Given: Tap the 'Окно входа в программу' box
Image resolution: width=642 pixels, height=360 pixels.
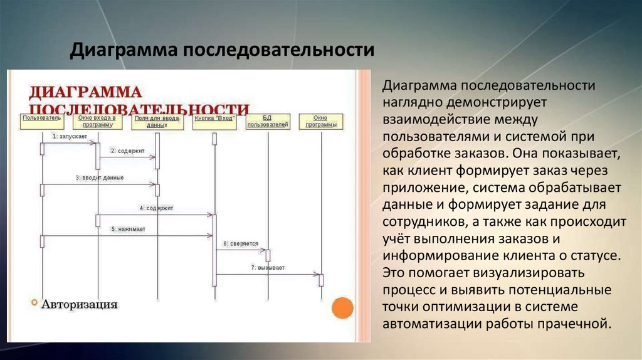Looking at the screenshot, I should coord(97,121).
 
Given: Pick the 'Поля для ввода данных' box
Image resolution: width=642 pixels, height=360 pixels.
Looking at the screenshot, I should coord(157,121).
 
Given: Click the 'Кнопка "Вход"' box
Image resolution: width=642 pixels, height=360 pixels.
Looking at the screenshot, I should coord(214,119).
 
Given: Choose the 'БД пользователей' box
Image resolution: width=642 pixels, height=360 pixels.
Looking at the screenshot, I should coord(268,121).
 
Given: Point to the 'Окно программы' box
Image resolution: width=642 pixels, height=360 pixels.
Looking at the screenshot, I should coord(320,121).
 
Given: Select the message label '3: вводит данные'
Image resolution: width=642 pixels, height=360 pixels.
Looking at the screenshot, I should coord(100,177).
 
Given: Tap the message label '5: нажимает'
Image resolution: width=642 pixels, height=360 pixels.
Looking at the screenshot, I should coord(129,229).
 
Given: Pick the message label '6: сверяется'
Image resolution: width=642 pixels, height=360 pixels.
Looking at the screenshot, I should coord(240,243).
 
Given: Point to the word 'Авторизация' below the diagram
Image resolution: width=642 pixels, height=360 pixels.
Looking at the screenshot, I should coord(80,305).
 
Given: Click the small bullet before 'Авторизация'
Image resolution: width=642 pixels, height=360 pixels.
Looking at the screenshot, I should coord(34,303).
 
